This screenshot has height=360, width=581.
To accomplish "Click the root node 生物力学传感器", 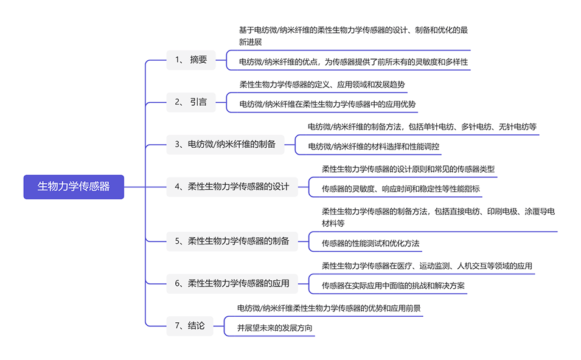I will point(74,187).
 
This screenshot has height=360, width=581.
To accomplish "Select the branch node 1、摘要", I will point(190,60).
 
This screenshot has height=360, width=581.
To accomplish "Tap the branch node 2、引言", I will point(190,102).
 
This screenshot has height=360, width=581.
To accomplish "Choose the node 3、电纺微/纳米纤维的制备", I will point(225,145).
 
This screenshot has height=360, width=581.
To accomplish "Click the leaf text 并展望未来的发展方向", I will point(276,328).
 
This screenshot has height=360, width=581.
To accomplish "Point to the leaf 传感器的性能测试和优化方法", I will point(371,243).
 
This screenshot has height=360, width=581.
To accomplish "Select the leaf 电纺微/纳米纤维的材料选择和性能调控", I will point(374,147).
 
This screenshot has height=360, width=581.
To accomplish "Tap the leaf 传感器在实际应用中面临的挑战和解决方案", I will point(394,285).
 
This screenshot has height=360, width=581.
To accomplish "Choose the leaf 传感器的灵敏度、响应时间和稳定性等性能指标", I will point(400,189).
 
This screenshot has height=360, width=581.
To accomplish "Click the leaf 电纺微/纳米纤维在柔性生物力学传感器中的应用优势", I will point(327,104).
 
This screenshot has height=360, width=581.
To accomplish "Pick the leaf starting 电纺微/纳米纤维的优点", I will point(353,62).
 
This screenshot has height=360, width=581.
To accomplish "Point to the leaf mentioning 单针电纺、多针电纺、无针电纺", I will point(422,127).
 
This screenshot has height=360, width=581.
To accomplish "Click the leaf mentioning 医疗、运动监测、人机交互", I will point(426,266).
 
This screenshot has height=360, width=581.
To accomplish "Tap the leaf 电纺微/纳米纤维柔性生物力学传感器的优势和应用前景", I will point(329,308).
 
